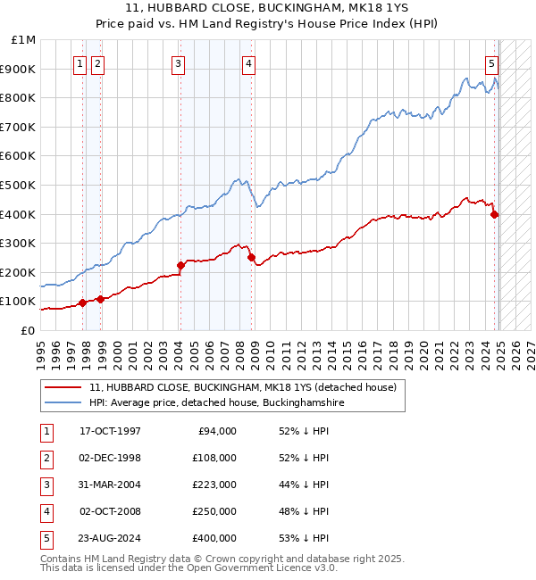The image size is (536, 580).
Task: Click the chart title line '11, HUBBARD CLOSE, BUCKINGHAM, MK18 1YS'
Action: pyautogui.click(x=268, y=9)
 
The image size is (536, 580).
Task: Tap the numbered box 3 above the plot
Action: pyautogui.click(x=179, y=63)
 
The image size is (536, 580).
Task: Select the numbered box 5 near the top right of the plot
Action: pyautogui.click(x=492, y=63)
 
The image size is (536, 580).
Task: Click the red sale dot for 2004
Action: pyautogui.click(x=180, y=265)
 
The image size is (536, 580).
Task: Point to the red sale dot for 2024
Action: pyautogui.click(x=494, y=214)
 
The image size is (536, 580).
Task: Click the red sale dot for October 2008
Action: pyautogui.click(x=251, y=257)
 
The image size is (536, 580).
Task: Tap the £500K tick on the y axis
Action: pyautogui.click(x=20, y=185)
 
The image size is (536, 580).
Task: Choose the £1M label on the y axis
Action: pyautogui.click(x=23, y=40)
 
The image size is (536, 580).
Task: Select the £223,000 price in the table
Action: pyautogui.click(x=214, y=485)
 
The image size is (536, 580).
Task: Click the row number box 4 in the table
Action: pyautogui.click(x=45, y=511)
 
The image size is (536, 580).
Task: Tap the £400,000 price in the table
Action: pyautogui.click(x=214, y=538)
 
